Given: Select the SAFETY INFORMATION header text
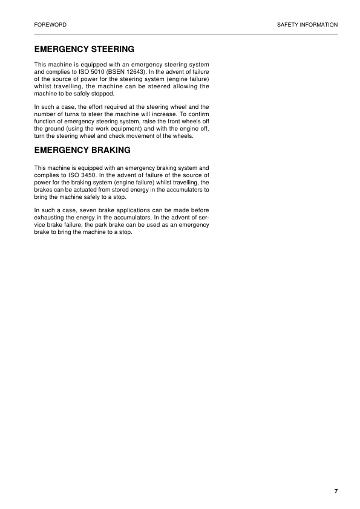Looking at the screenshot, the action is [307, 25].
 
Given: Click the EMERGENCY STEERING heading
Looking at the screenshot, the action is [84, 48].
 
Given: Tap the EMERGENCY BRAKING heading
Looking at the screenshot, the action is [82, 150].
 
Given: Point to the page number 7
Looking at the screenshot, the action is [336, 491].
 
